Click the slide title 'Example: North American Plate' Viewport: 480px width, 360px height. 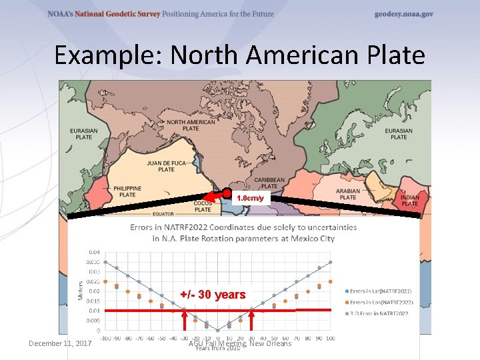(239, 55)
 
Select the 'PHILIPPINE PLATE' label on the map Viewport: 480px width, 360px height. (124, 191)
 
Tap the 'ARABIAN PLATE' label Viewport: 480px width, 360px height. (347, 193)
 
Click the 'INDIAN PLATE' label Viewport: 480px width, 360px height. (409, 200)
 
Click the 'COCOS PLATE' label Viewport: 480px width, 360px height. (203, 206)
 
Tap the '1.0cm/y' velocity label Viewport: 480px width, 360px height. (251, 199)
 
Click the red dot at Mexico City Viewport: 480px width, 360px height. (227, 193)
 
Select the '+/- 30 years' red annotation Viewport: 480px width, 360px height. (213, 295)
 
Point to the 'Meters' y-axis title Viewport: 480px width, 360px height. (81, 289)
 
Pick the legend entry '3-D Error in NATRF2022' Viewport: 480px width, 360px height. (379, 313)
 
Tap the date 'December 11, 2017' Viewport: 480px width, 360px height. (60, 343)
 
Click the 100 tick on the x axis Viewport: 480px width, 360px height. (330, 338)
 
